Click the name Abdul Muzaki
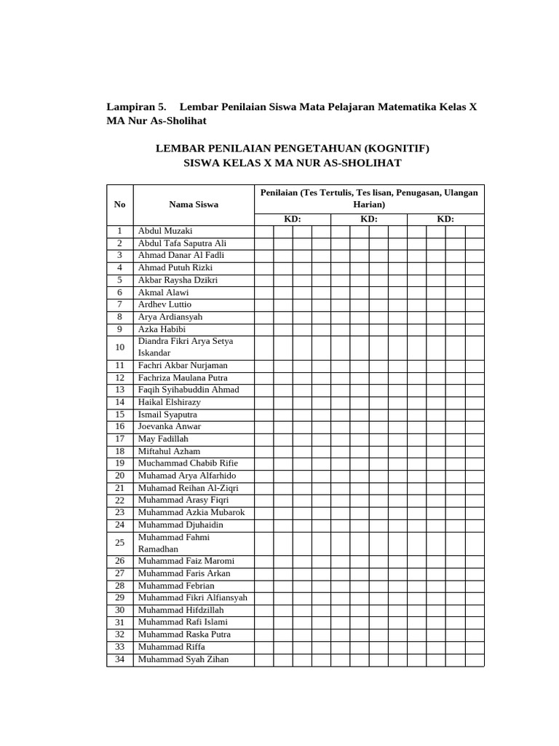[x=165, y=231]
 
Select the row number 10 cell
[x=120, y=348]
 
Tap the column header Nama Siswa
[x=194, y=205]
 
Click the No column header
[x=120, y=205]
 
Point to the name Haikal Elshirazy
[x=170, y=402]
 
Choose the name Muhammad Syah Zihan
[x=183, y=659]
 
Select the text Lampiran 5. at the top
[x=136, y=106]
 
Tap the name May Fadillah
[x=163, y=439]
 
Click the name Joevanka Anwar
[x=170, y=427]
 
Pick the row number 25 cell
[x=120, y=543]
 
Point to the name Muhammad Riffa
[x=172, y=647]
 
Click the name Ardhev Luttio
[x=164, y=305]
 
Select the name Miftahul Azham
[x=169, y=452]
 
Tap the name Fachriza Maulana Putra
[x=183, y=378]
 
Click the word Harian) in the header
[x=368, y=205]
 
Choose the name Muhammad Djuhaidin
[x=181, y=525]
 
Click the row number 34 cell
[x=120, y=659]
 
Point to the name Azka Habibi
[x=162, y=329]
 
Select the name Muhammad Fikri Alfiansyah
[x=193, y=598]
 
